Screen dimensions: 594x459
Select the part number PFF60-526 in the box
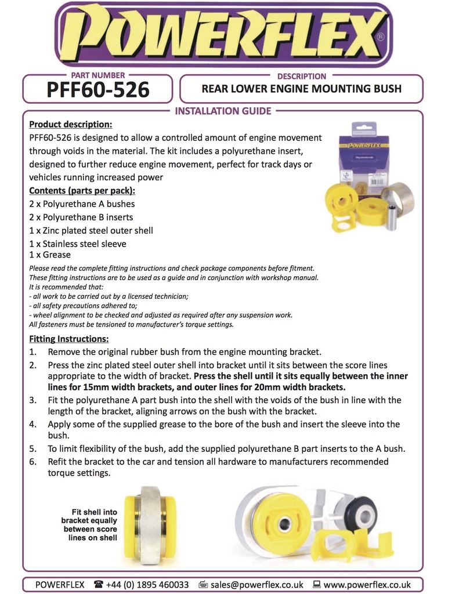tap(97, 90)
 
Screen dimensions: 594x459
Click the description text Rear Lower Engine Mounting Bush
tap(301, 89)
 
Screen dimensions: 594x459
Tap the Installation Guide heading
tap(223, 111)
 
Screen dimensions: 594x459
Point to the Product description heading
tap(70, 124)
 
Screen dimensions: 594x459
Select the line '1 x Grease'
tap(50, 255)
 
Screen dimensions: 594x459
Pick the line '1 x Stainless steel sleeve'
tap(77, 244)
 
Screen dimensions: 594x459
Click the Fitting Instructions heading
tap(68, 339)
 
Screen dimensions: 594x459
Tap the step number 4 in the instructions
tap(33, 424)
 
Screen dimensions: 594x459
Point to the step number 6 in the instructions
tap(33, 462)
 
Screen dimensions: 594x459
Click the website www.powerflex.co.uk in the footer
tap(367, 584)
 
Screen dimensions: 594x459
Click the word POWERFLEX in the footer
tap(60, 584)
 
